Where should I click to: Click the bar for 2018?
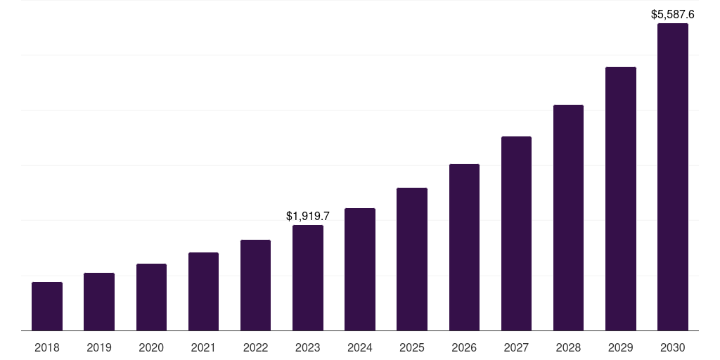47,306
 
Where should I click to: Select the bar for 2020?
151,297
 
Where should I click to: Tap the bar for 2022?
255,285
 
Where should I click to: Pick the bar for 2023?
308,278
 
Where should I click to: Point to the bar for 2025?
412,259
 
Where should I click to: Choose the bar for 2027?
516,233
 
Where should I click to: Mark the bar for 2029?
620,198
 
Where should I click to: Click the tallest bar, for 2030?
673,176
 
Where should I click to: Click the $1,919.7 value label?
308,217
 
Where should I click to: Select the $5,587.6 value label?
673,14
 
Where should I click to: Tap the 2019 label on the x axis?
99,347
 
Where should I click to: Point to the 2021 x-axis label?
203,347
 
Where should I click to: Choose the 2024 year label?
360,347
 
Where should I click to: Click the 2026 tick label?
464,347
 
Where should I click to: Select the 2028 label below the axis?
568,347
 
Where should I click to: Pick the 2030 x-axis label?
673,347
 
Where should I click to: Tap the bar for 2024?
360,269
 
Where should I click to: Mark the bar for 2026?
464,247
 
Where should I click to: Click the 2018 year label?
47,347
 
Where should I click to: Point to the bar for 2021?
203,291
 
